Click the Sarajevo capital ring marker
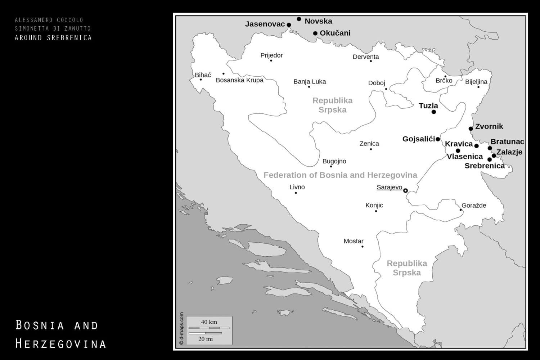point(405,190)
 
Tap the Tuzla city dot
point(434,112)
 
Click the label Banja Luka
point(310,82)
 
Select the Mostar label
point(354,241)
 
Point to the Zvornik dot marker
point(471,129)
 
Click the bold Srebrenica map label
point(485,166)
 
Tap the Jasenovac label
point(265,24)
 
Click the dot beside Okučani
point(315,33)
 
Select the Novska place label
point(318,21)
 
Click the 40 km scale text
point(209,322)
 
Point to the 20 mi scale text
point(206,339)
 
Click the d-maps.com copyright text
point(181,328)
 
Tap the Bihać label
point(203,75)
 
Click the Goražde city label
point(474,206)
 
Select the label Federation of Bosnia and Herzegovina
point(340,175)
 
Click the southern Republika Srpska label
point(407,268)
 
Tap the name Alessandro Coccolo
point(49,20)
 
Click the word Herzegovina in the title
point(60,344)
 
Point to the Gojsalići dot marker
point(438,139)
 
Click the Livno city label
point(297,187)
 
